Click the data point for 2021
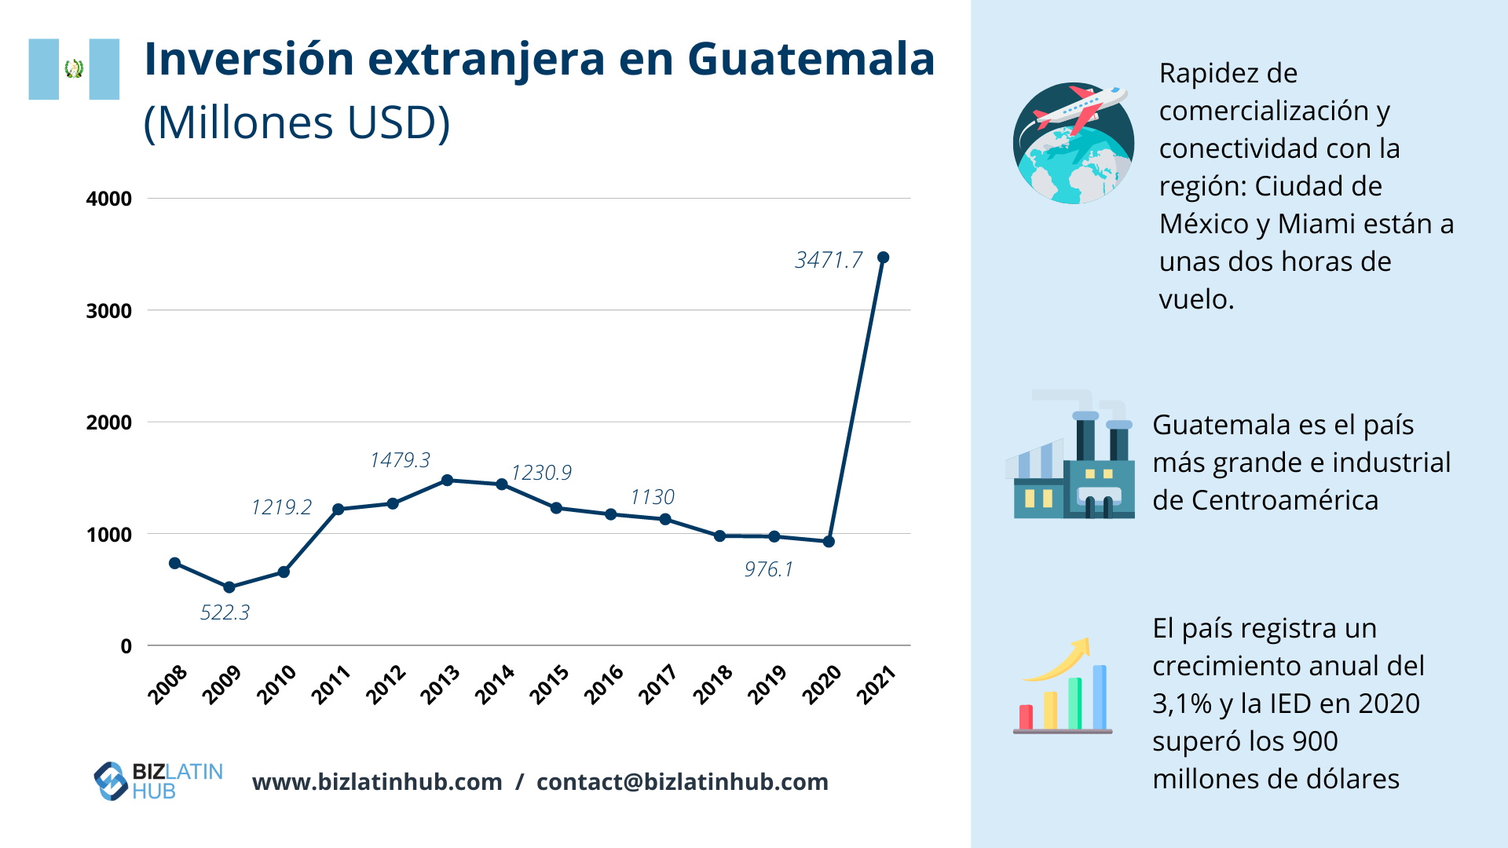[x=883, y=258]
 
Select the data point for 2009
[x=229, y=587]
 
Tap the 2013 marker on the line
[x=447, y=480]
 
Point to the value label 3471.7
[x=828, y=260]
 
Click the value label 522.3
[x=225, y=612]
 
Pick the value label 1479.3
[x=400, y=460]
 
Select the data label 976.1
[x=769, y=569]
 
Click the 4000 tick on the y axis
[x=109, y=199]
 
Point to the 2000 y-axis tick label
[x=109, y=422]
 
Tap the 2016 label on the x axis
[x=603, y=685]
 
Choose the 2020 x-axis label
[x=821, y=685]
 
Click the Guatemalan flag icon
[x=74, y=69]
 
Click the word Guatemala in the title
[x=811, y=59]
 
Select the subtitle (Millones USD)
[x=297, y=122]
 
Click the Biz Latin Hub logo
[x=158, y=781]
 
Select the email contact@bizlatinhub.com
[x=682, y=782]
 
